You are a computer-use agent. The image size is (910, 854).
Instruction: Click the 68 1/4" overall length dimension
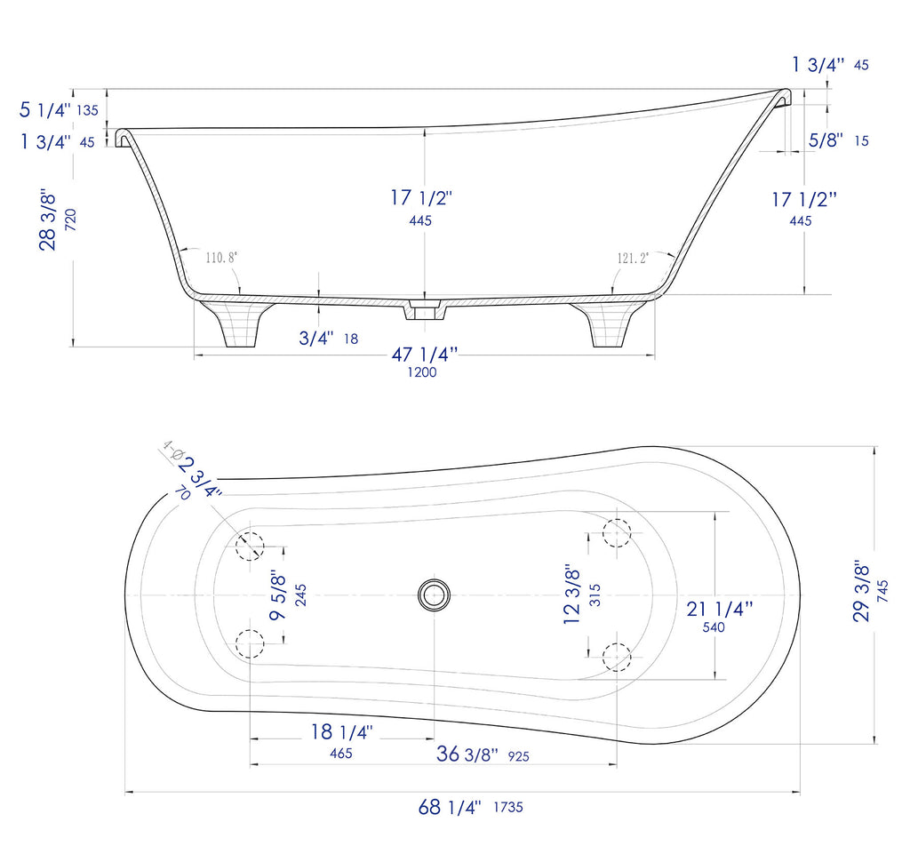click(450, 808)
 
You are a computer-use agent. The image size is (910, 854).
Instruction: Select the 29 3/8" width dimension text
click(861, 591)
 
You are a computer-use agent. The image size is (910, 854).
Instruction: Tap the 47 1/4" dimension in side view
click(424, 355)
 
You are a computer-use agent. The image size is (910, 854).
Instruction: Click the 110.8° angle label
click(221, 258)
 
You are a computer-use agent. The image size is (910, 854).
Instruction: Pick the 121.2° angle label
click(633, 258)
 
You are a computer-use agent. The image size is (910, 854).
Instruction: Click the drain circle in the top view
click(435, 594)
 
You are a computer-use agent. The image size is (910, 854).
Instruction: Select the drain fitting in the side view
click(424, 311)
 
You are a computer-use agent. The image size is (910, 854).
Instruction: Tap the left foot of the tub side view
click(235, 324)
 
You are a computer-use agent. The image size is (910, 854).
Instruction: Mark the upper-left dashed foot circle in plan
click(250, 545)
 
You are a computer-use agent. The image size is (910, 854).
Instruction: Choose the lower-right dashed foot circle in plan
click(617, 657)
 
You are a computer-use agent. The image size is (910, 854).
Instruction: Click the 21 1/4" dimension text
click(719, 609)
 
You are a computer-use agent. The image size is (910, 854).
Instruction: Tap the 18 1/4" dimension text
click(341, 732)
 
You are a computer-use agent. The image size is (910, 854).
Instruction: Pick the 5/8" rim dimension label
click(826, 140)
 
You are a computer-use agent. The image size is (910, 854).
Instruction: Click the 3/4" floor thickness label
click(315, 338)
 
